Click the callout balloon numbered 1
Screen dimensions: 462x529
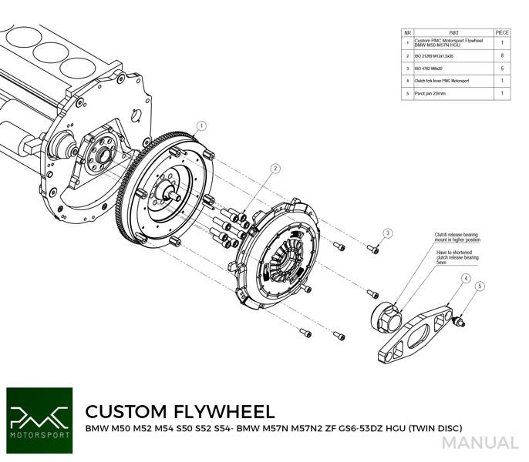[x=201, y=126]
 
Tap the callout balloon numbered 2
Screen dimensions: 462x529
[x=275, y=168]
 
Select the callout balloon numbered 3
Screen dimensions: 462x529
[x=388, y=233]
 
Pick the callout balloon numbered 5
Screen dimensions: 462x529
[x=480, y=287]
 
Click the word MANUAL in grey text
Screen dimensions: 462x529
[x=480, y=443]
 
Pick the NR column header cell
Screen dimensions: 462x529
[x=407, y=33]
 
